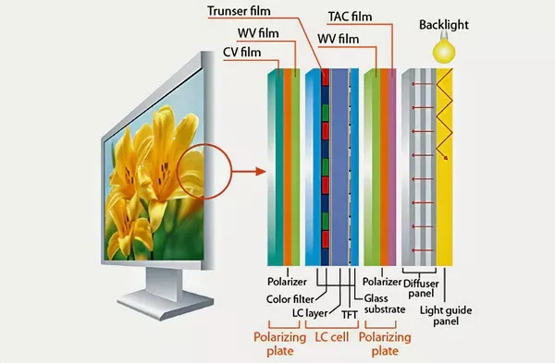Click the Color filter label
(x=288, y=297)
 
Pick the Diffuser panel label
(x=426, y=287)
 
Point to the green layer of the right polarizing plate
(x=371, y=166)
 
